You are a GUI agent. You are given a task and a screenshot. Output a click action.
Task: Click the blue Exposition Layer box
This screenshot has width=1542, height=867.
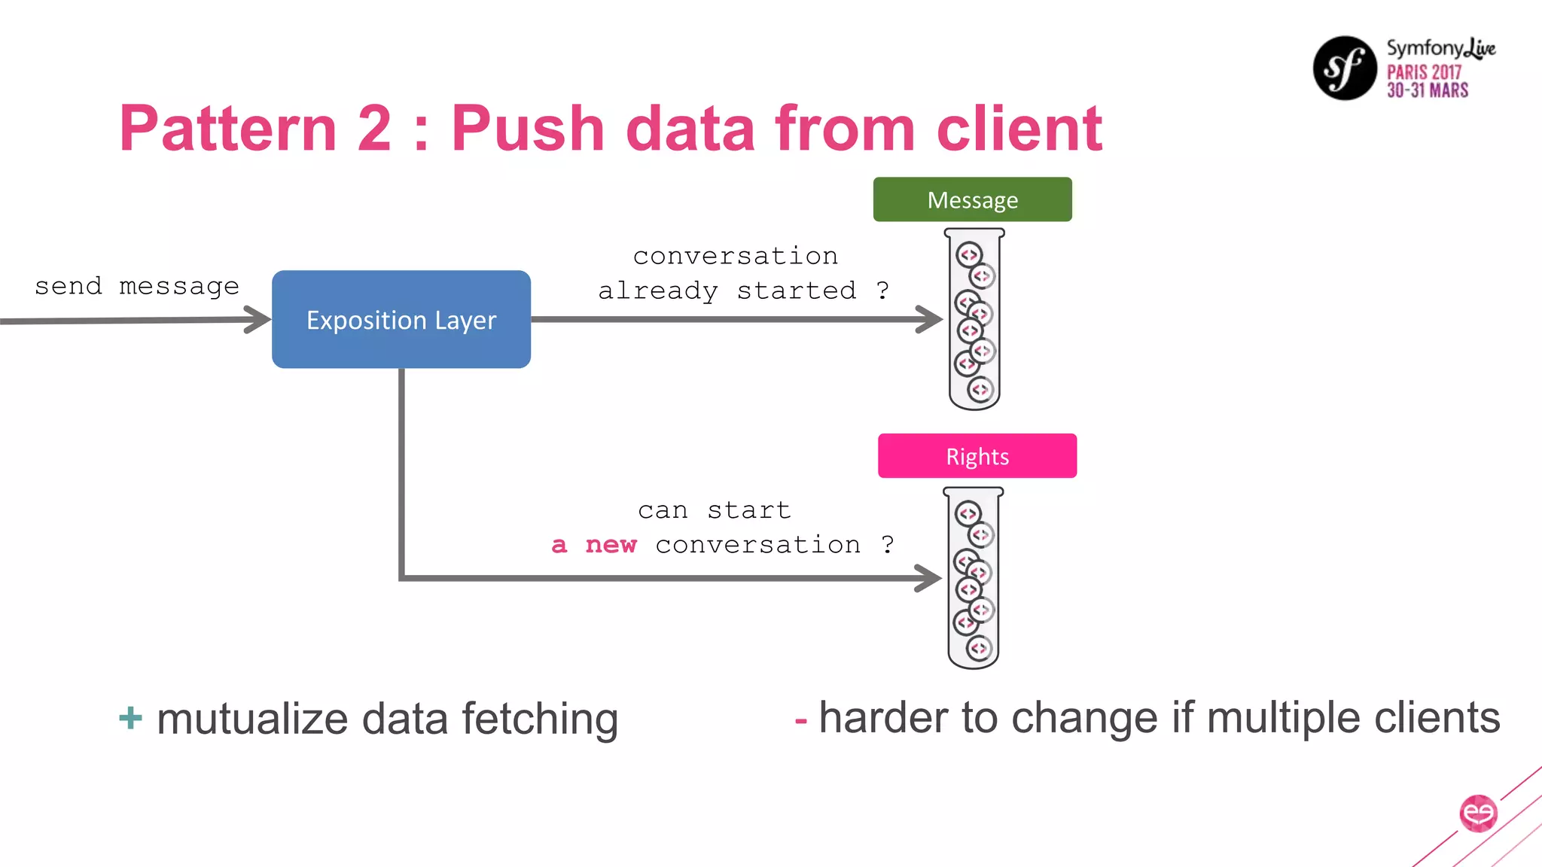tap(401, 319)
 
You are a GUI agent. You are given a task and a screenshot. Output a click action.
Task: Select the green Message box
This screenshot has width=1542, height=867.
tap(972, 199)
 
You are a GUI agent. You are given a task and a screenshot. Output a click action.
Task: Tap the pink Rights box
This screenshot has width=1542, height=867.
tap(977, 456)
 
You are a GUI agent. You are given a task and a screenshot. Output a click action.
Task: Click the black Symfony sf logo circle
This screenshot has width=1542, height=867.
tap(1345, 68)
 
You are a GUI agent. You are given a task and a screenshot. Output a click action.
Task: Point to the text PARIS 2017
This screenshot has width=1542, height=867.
tap(1424, 72)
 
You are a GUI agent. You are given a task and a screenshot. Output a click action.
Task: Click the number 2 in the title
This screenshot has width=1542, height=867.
tap(374, 129)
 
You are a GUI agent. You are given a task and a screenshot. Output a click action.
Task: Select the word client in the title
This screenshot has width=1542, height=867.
tap(1019, 129)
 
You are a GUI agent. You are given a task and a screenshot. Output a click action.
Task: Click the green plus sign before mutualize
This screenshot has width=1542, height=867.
tap(130, 717)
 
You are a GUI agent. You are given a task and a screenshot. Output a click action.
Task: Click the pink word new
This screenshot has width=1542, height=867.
tap(611, 544)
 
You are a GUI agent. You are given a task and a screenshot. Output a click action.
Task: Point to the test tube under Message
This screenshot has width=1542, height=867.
tap(974, 320)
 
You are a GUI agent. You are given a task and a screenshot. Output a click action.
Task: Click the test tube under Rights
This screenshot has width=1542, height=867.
tap(974, 578)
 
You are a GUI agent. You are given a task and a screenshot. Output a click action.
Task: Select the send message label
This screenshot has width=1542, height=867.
tap(137, 286)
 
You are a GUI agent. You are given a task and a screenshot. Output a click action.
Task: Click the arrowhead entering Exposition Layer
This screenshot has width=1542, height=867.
tap(258, 319)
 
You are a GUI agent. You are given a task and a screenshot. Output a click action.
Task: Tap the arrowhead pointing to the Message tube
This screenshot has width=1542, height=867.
tap(930, 319)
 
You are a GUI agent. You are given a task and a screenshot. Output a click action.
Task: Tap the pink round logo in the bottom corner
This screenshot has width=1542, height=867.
tap(1478, 814)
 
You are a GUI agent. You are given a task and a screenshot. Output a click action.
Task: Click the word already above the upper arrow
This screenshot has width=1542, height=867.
tap(658, 291)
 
